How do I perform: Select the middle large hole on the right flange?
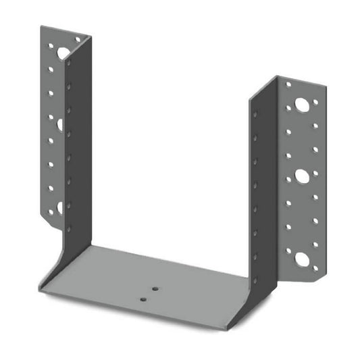(302, 176)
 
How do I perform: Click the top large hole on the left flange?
(62, 51)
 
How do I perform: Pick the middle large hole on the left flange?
(60, 124)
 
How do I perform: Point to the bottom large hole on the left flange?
(59, 207)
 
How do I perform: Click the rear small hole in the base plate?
(155, 289)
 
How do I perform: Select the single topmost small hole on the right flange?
(288, 85)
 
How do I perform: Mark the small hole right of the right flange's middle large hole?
(315, 174)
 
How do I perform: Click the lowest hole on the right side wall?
(255, 256)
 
